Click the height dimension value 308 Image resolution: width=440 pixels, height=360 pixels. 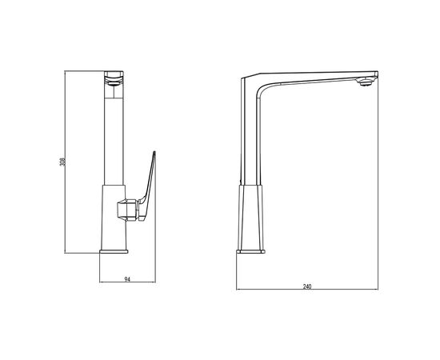click(62, 162)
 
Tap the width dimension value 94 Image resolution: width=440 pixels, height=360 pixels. click(127, 279)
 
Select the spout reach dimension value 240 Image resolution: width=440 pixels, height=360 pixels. click(307, 286)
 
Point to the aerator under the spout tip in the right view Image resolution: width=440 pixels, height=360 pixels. click(365, 82)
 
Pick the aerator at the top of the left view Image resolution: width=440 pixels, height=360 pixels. click(114, 82)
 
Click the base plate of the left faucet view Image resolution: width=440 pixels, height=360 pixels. click(114, 251)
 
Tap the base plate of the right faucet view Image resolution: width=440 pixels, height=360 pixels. click(250, 251)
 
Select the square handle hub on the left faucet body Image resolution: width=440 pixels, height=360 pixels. click(128, 210)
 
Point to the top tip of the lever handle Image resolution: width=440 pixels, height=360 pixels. click(154, 151)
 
